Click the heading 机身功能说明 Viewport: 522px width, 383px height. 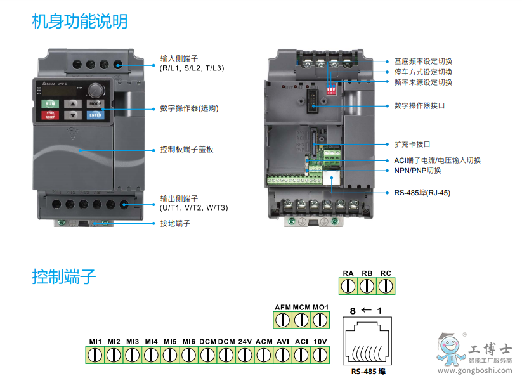pyautogui.click(x=79, y=22)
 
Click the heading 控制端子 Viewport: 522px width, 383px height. pyautogui.click(x=63, y=276)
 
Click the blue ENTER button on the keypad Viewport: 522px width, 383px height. pyautogui.click(x=95, y=115)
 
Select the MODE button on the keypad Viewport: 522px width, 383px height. pyautogui.click(x=95, y=103)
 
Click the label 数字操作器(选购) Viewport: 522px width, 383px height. pyautogui.click(x=189, y=108)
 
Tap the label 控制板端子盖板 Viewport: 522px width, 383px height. pyautogui.click(x=186, y=150)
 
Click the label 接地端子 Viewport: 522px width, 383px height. pyautogui.click(x=175, y=223)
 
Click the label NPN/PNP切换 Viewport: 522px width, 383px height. pyautogui.click(x=417, y=171)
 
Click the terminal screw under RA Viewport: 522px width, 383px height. pyautogui.click(x=348, y=286)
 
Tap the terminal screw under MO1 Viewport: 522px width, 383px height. pyautogui.click(x=320, y=320)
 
